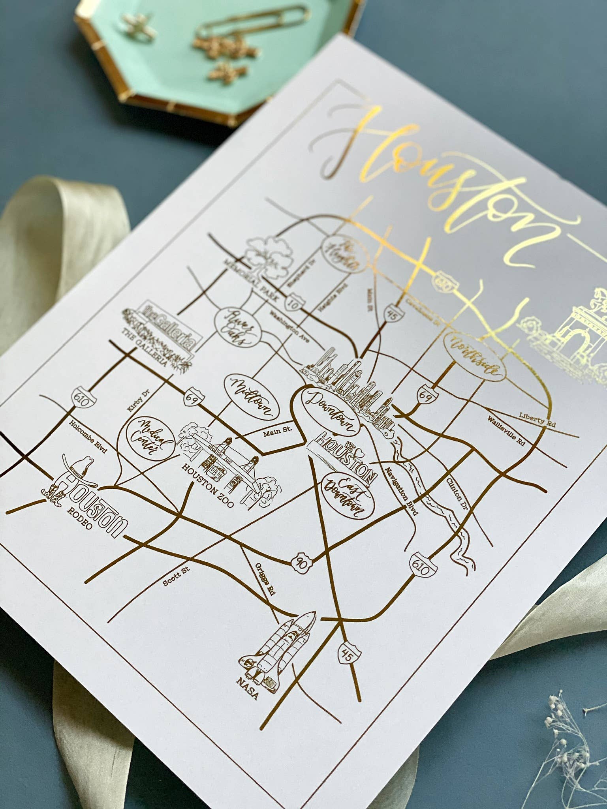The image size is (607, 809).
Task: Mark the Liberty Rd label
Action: coord(537,420)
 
